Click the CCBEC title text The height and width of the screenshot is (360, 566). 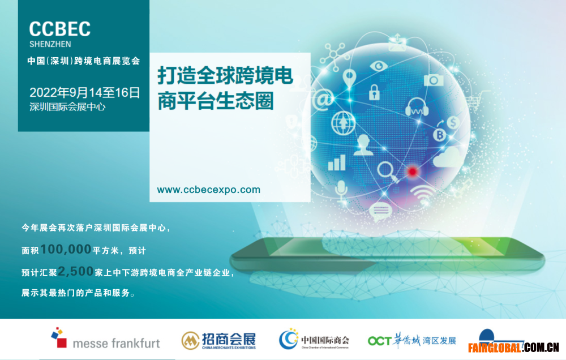(59, 29)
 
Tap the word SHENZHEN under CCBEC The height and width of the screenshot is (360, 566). (50, 44)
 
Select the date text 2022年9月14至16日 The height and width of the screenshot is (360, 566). (84, 93)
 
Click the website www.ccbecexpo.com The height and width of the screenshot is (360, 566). (209, 190)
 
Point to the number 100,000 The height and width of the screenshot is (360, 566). (66, 249)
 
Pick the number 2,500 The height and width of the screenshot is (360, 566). (76, 271)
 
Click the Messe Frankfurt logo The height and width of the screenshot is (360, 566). (105, 338)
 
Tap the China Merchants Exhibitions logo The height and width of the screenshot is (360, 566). (218, 341)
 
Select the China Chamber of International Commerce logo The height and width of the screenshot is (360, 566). (314, 340)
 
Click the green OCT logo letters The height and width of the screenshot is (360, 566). (380, 341)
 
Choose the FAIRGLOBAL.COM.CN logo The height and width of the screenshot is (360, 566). (513, 341)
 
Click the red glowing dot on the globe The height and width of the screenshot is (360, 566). (412, 171)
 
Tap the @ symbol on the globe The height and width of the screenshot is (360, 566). (323, 100)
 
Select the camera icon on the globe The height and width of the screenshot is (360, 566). (434, 79)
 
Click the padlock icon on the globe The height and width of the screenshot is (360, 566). (374, 92)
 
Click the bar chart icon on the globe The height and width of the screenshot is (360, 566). (336, 162)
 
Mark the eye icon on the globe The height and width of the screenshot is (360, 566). (379, 66)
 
